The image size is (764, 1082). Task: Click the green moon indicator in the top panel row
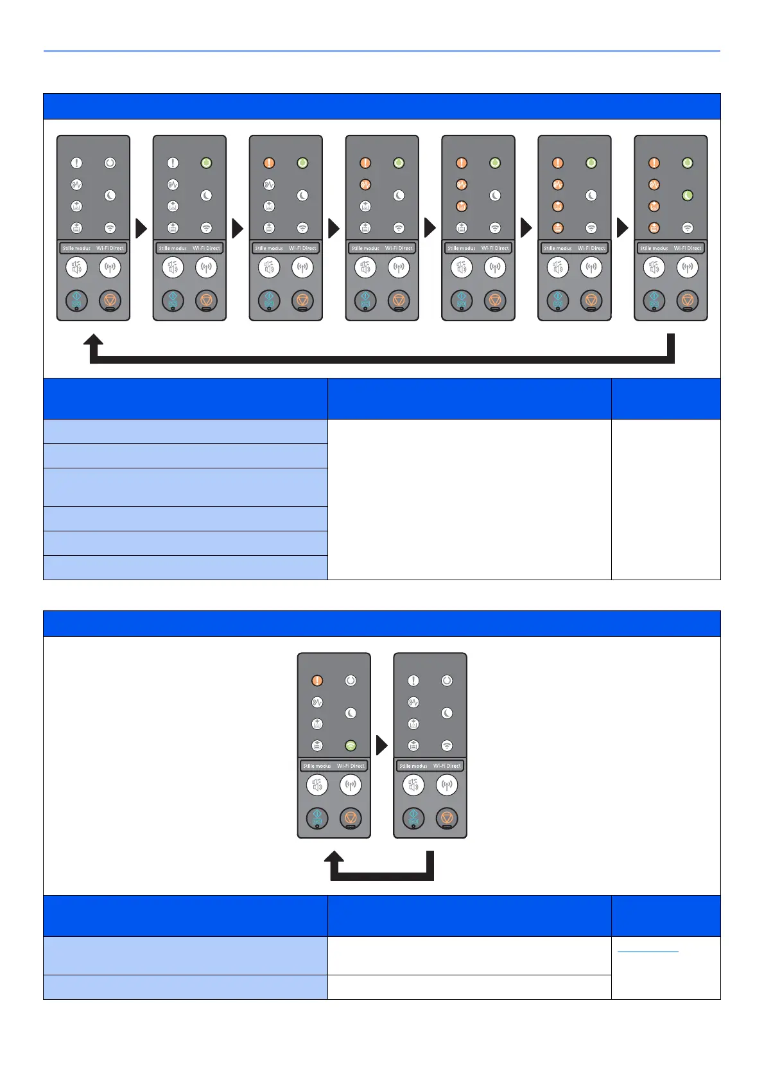(688, 195)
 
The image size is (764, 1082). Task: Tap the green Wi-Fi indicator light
(351, 745)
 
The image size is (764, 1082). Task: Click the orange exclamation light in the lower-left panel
(317, 680)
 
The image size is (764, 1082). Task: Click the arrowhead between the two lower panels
(382, 745)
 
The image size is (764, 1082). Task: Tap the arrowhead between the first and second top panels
(141, 228)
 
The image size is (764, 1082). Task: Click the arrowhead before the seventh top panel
(622, 228)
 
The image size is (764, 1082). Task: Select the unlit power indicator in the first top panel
(110, 163)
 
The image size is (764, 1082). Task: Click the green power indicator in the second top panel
(206, 163)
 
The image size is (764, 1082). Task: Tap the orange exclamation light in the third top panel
(270, 163)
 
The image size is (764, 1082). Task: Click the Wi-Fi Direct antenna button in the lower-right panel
(447, 785)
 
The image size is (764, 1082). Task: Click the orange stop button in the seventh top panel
(688, 300)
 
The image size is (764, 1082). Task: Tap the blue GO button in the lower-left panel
(317, 818)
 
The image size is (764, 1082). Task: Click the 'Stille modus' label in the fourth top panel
(365, 248)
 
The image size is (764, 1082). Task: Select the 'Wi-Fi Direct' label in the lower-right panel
(447, 766)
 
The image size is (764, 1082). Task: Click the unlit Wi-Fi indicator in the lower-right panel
(447, 745)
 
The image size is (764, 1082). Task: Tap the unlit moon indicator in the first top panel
(110, 195)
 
